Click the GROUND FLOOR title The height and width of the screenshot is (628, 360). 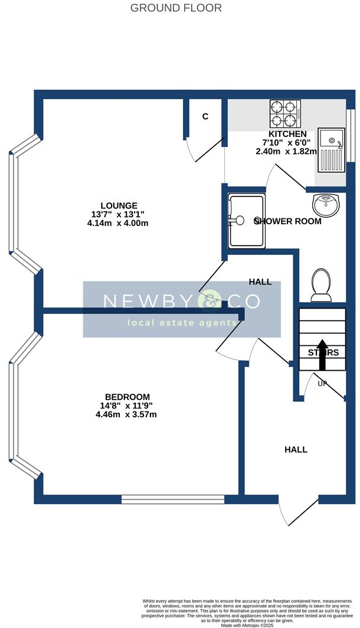click(176, 8)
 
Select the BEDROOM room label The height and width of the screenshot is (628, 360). click(127, 397)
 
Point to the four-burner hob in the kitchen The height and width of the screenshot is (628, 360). click(285, 114)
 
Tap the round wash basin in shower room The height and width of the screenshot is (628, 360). click(325, 204)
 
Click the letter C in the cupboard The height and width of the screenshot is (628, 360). click(205, 116)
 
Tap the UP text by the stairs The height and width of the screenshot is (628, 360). click(322, 384)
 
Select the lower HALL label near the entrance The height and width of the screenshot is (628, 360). click(296, 449)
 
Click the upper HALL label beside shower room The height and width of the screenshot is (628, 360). click(260, 282)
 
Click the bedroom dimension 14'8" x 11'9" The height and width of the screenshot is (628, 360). click(127, 405)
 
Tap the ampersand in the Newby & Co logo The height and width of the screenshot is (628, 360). click(212, 301)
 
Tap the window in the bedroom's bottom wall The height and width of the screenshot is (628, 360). click(172, 499)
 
